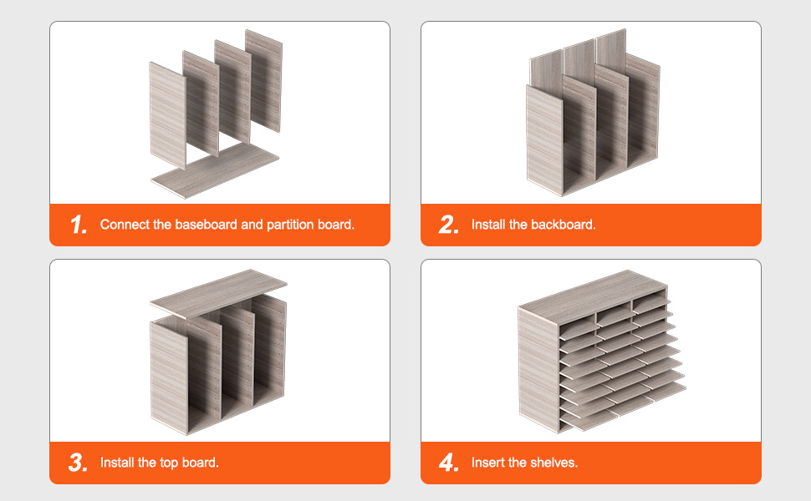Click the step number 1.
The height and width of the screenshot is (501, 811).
click(x=79, y=225)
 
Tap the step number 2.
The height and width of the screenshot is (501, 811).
click(x=448, y=225)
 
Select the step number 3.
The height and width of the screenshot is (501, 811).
click(x=78, y=463)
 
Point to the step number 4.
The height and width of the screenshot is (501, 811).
click(x=449, y=463)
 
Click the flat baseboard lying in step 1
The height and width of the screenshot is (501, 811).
click(x=215, y=170)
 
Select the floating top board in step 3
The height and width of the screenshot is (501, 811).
click(x=218, y=293)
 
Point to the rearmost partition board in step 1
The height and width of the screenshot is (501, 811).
click(x=263, y=80)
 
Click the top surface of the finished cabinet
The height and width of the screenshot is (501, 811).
click(x=593, y=297)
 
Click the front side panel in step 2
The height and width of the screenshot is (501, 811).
click(x=544, y=140)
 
